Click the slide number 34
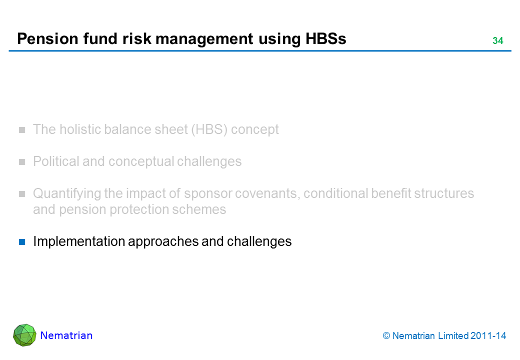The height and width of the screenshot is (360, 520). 498,41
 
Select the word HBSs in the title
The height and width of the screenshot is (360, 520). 325,39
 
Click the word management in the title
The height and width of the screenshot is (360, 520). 204,39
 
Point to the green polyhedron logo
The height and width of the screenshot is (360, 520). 24,335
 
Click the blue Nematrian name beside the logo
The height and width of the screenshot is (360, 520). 66,335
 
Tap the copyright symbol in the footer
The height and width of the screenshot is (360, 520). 386,336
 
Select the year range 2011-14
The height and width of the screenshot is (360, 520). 488,336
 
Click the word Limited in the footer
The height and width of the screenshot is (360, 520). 453,336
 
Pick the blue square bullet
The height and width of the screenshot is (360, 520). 22,242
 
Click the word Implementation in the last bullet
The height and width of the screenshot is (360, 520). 79,241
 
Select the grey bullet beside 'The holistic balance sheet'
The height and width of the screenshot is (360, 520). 22,130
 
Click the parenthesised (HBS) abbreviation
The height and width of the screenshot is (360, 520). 209,129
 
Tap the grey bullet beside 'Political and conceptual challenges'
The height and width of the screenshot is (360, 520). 22,162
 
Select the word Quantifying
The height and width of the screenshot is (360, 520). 66,193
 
